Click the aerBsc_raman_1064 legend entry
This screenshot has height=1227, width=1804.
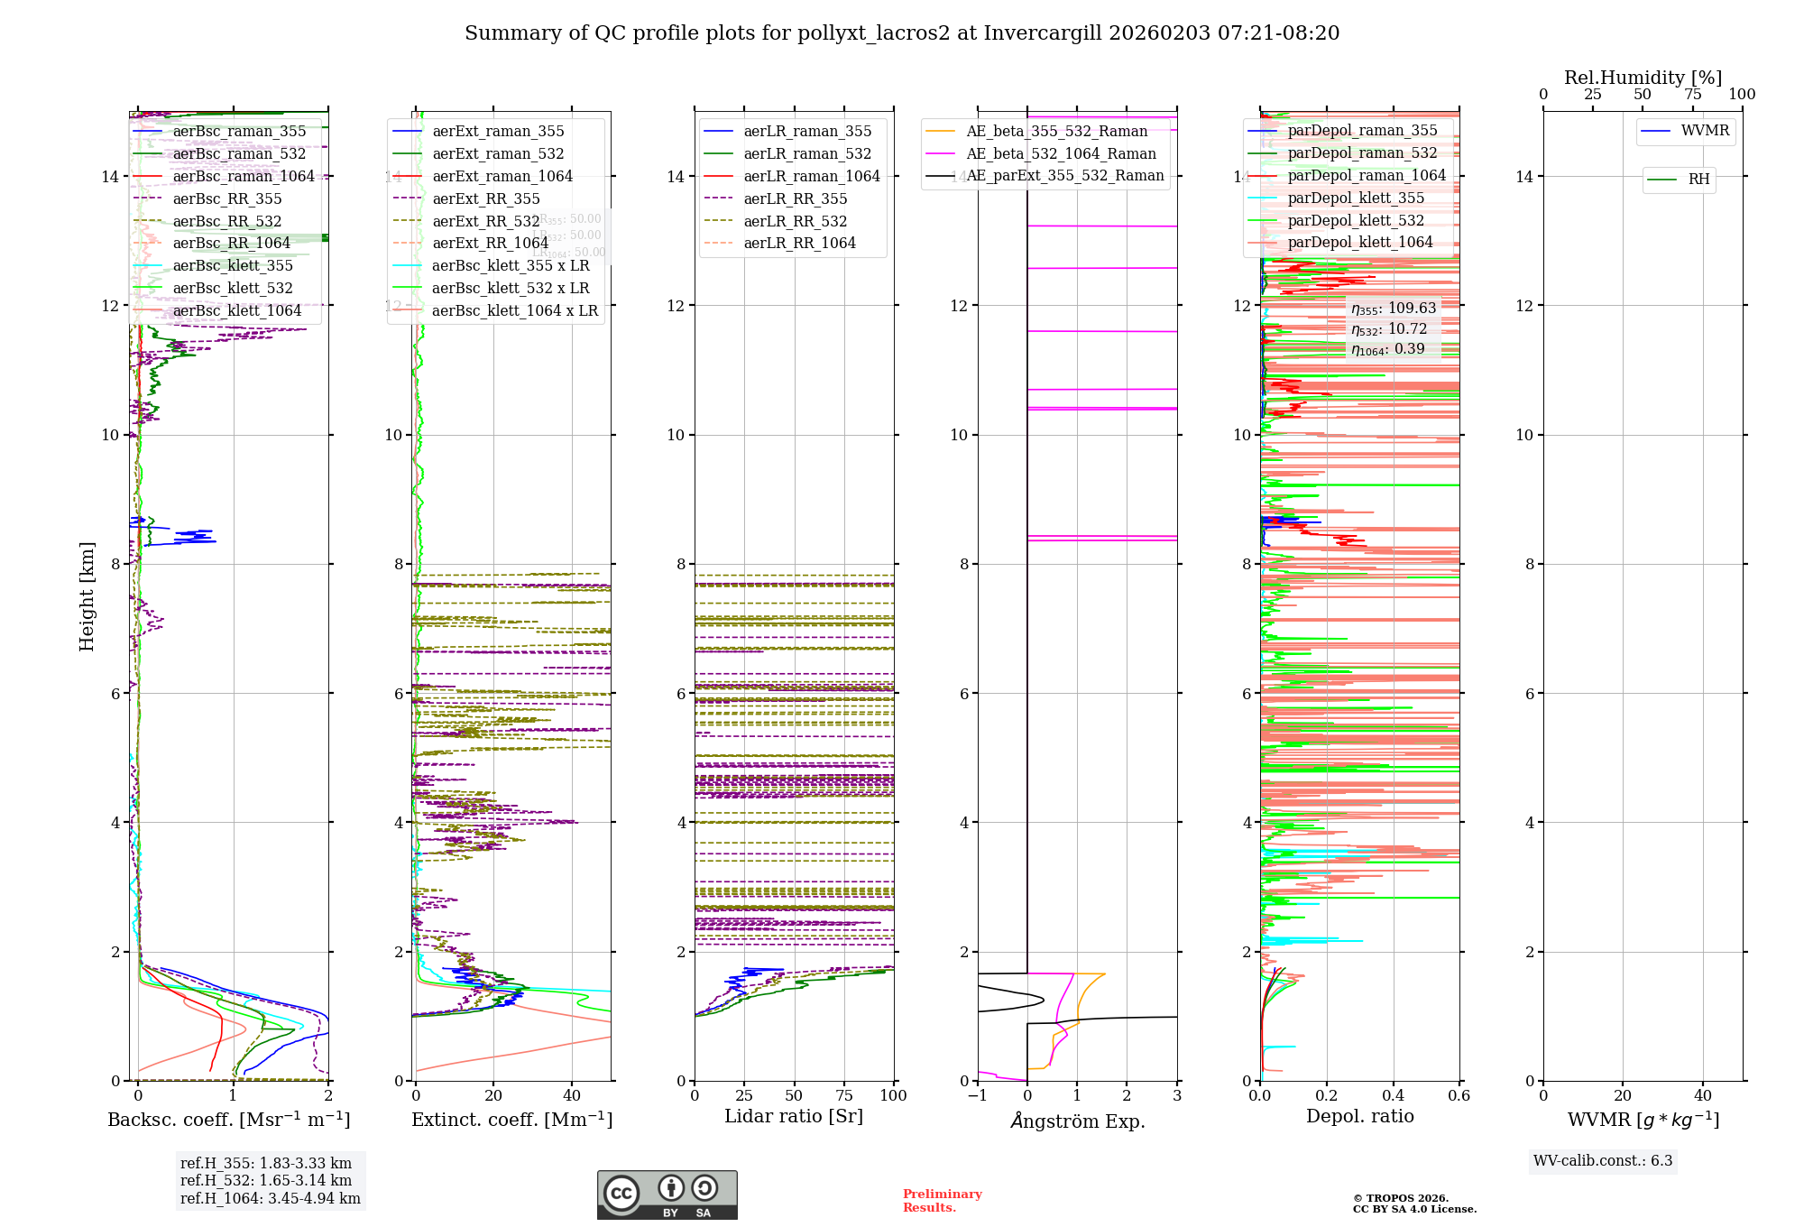244,176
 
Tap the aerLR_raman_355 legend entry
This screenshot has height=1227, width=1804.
807,131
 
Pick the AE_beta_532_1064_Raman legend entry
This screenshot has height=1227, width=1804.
1061,153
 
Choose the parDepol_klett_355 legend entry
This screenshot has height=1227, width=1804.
1356,198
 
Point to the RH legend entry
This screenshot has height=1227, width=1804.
1698,180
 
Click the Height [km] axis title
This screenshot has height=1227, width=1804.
87,596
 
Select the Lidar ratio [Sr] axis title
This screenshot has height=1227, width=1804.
794,1116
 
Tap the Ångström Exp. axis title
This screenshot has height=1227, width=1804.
1077,1121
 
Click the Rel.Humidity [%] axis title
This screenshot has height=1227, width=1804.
1643,78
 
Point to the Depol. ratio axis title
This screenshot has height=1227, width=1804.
1359,1116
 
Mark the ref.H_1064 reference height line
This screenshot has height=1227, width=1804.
271,1198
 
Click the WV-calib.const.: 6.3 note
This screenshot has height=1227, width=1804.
1603,1161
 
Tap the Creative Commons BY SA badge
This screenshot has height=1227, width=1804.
667,1195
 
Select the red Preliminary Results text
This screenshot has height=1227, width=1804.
942,1201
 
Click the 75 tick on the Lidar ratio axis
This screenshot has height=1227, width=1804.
844,1095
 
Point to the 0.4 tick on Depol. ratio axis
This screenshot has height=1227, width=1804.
1393,1095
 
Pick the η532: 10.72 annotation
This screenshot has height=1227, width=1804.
1389,328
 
